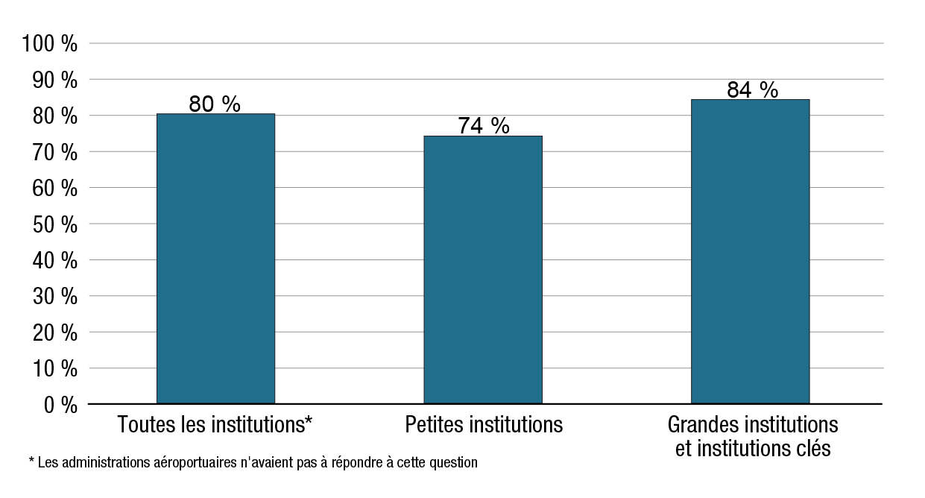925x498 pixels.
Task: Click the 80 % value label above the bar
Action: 215,104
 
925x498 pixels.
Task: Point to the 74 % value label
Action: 483,126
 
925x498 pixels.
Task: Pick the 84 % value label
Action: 752,89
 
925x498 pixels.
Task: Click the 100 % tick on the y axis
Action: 50,44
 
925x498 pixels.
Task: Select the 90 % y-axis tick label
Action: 54,80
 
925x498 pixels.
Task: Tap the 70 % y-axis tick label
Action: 54,152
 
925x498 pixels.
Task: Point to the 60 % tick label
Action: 54,188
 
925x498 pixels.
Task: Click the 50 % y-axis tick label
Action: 54,224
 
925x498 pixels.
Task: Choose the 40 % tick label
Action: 54,260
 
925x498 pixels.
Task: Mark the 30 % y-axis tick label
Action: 54,296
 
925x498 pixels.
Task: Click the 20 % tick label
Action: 54,332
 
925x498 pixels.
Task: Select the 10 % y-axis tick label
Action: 54,368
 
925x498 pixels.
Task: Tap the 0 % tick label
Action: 60,405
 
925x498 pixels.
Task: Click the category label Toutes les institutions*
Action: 215,425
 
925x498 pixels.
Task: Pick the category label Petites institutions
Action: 484,425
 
